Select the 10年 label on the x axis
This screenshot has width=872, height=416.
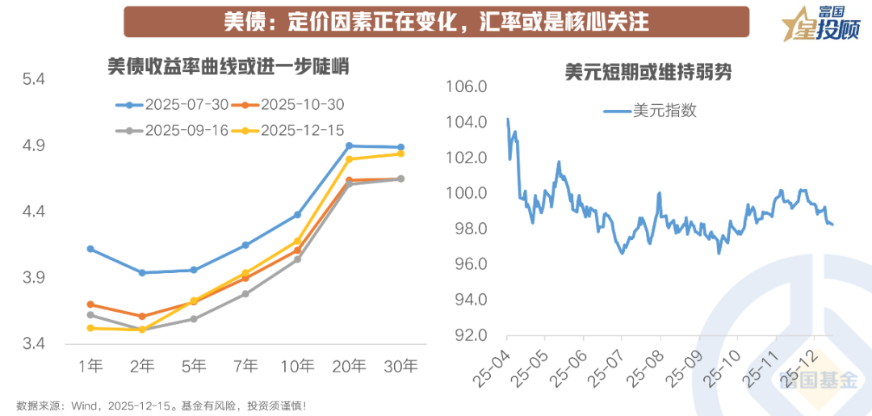(x=297, y=366)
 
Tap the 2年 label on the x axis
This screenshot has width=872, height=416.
(x=142, y=366)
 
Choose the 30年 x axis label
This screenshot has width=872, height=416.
(x=400, y=366)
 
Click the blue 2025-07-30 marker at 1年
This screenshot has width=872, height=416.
(x=90, y=249)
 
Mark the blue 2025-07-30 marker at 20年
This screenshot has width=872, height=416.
(x=349, y=146)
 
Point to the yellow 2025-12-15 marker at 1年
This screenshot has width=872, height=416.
(x=90, y=328)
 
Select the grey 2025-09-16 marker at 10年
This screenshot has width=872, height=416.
(x=297, y=259)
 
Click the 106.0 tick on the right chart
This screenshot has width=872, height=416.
(x=467, y=86)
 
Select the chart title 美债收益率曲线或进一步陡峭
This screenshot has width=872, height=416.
(x=228, y=66)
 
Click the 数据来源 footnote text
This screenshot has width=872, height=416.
(x=161, y=405)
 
